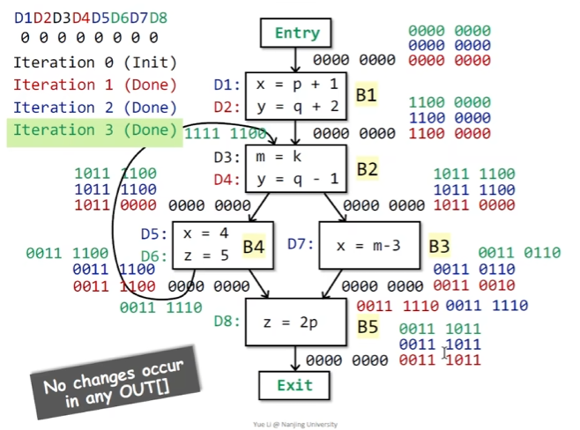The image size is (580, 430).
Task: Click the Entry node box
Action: (297, 33)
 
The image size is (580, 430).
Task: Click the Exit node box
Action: (294, 385)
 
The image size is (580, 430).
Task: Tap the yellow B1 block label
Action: (366, 94)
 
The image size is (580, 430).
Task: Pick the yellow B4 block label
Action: (254, 246)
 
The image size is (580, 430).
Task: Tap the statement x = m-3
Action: (368, 245)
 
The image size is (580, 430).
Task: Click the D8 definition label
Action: (226, 321)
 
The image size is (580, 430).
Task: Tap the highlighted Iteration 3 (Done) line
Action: (94, 130)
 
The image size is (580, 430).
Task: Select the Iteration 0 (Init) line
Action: (94, 63)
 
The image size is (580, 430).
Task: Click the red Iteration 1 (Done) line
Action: (94, 85)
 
